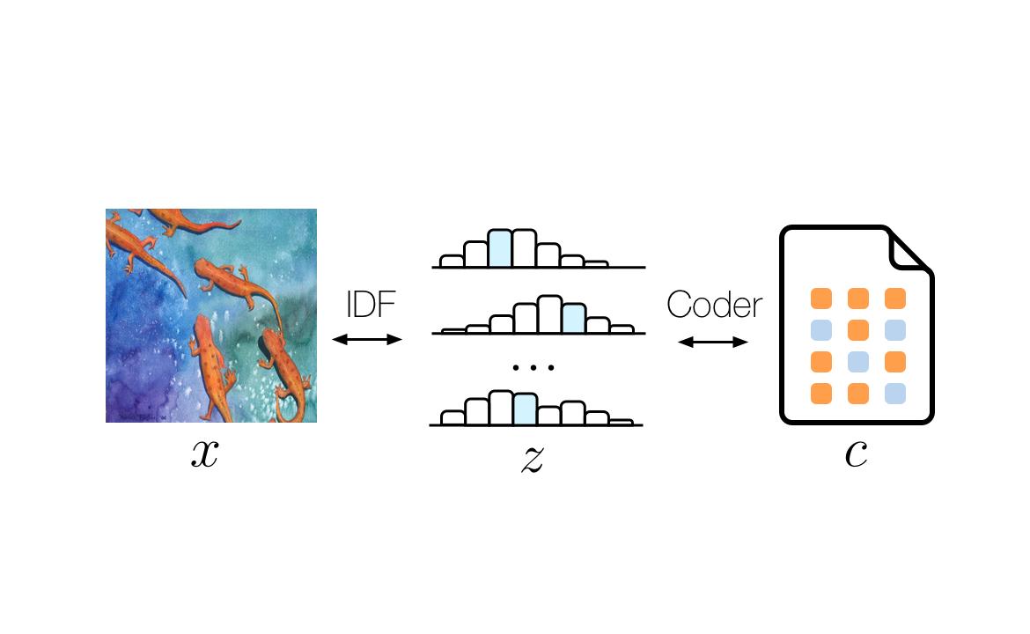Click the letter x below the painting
click(204, 453)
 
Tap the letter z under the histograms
click(532, 458)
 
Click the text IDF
click(371, 305)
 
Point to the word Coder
click(714, 305)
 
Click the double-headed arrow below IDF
click(367, 339)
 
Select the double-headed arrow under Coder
click(713, 342)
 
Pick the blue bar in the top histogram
click(500, 247)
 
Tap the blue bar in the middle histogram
click(573, 318)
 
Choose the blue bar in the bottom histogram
click(525, 409)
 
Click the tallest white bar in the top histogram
click(524, 247)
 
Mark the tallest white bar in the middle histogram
click(548, 314)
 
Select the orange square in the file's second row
click(858, 330)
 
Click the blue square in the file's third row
click(858, 362)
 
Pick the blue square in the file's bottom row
click(894, 394)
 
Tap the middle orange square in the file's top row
click(858, 299)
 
